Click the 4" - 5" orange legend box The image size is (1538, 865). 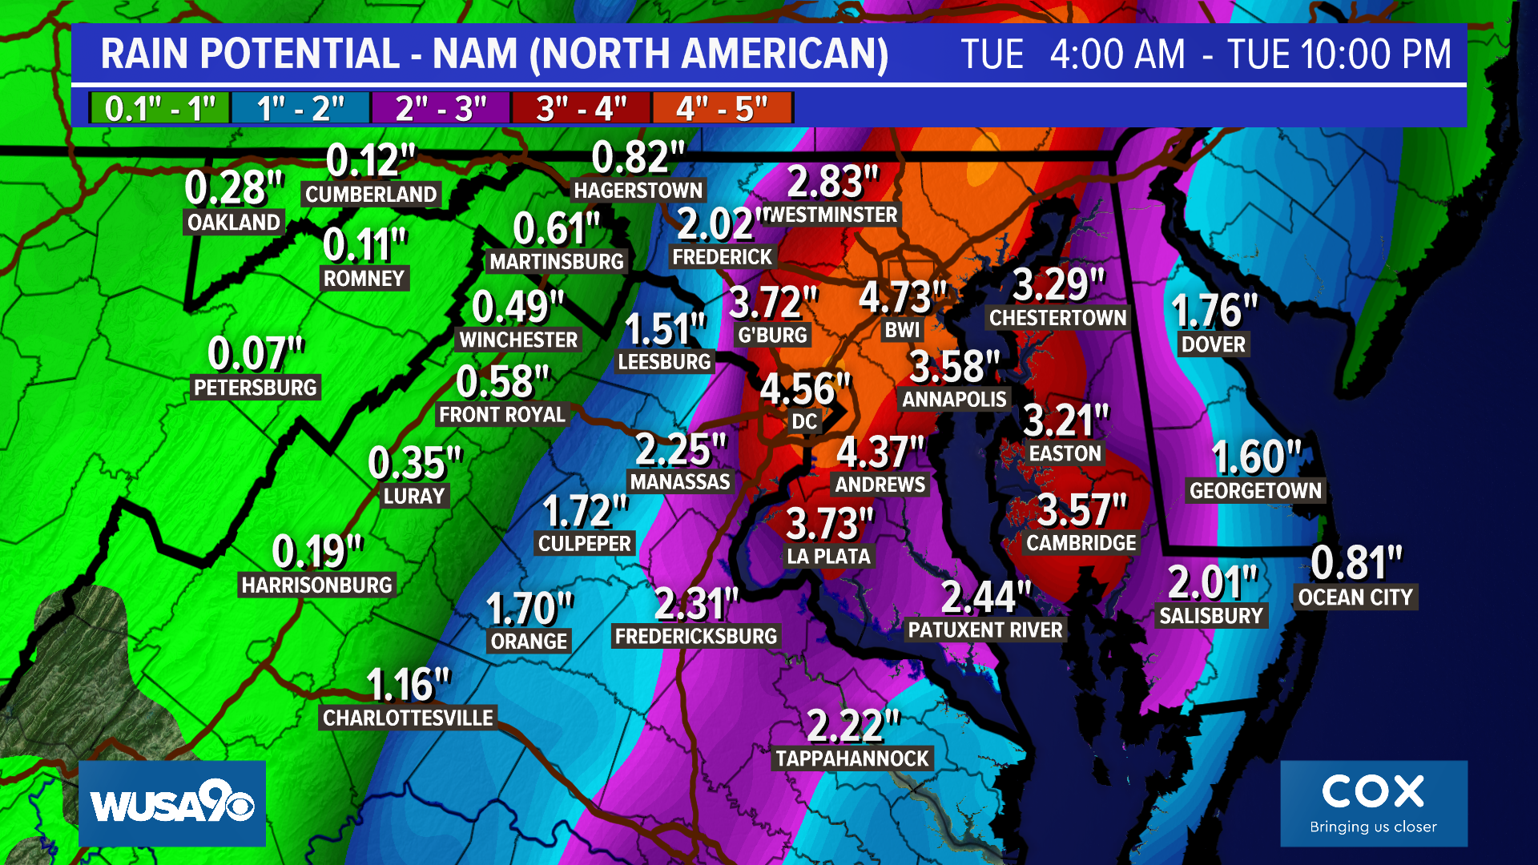tap(722, 108)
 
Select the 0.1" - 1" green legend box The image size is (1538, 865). tap(160, 108)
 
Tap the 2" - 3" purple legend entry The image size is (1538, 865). tap(441, 108)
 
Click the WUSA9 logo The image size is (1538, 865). tap(172, 803)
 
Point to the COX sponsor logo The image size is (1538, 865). tap(1373, 803)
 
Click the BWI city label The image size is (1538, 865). tap(903, 330)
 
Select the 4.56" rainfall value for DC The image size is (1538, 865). tap(804, 389)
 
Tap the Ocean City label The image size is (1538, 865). tap(1355, 597)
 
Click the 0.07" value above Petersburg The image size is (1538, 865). tap(256, 353)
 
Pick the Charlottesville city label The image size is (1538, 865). tap(408, 718)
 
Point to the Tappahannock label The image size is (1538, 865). tap(852, 758)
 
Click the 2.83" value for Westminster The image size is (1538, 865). tap(833, 181)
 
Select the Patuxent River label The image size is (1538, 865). tap(985, 630)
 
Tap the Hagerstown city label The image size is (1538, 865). tap(638, 191)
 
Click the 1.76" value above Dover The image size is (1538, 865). tap(1214, 311)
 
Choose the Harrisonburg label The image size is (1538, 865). tap(317, 585)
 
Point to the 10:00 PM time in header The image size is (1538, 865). tap(1339, 54)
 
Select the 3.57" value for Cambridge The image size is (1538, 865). tap(1081, 509)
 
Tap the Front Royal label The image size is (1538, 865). tap(502, 414)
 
